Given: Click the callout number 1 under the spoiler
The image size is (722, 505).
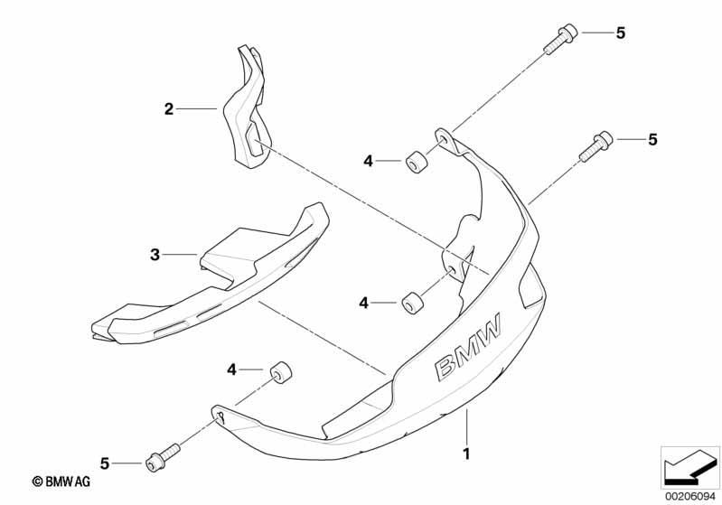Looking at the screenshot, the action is (466, 454).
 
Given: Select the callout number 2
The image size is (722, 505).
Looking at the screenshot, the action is (169, 109).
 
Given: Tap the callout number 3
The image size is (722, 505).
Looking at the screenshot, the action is (155, 254).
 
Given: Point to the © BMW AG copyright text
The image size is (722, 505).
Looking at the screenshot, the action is (61, 482).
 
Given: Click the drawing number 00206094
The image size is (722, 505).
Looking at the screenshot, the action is (690, 496).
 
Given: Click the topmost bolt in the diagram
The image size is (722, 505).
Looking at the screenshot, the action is (560, 38).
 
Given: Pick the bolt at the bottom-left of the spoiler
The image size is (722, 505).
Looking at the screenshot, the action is (163, 457).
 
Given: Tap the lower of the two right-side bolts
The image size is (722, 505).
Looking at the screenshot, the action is (595, 147).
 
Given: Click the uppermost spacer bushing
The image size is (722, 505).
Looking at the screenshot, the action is (416, 161).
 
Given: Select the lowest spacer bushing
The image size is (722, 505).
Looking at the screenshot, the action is (281, 371).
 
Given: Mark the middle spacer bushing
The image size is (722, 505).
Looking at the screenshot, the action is (413, 302).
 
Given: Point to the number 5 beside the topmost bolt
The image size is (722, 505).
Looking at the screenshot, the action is (621, 33).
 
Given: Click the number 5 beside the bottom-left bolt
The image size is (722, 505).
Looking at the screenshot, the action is (105, 463).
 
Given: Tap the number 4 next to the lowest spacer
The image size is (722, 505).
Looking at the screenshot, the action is (231, 369).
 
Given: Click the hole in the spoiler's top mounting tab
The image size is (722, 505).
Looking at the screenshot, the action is (444, 139).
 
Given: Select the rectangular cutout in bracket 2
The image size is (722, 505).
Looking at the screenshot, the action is (252, 139).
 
